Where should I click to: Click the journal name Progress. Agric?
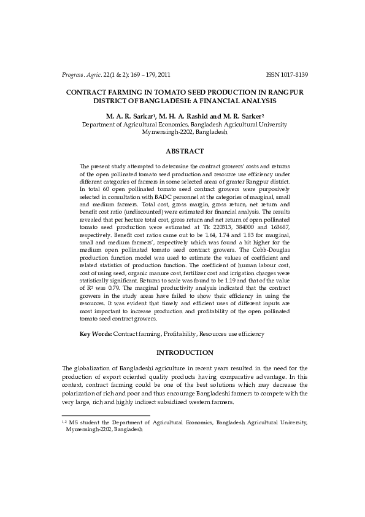[82, 75]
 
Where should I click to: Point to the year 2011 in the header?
[164, 75]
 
